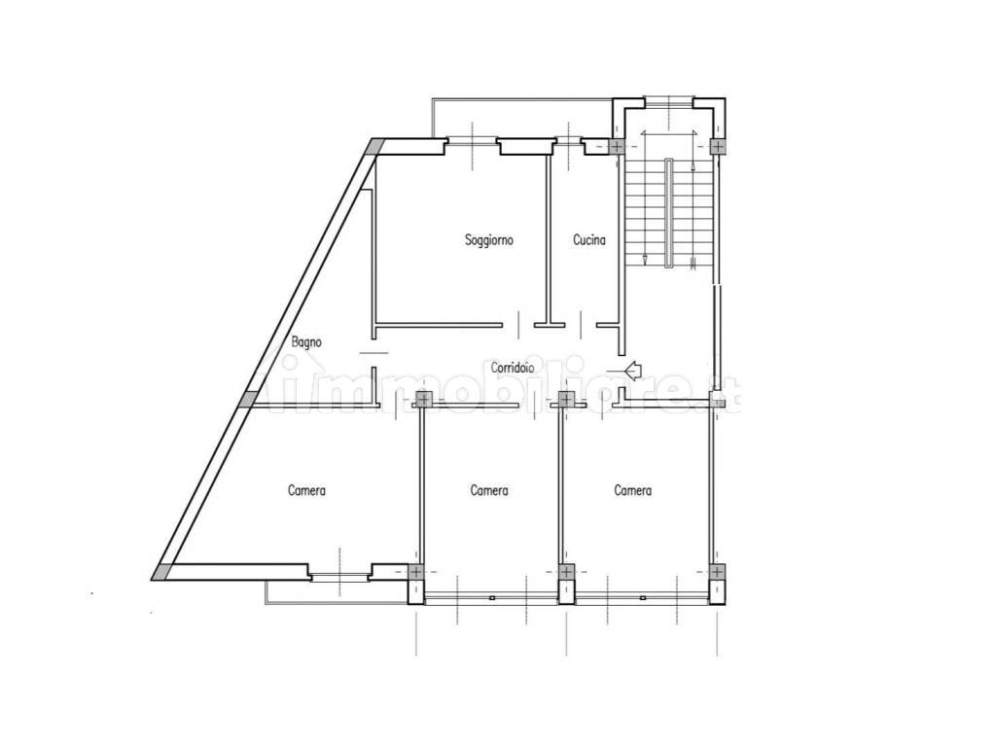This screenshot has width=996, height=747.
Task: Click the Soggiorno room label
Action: point(488,240)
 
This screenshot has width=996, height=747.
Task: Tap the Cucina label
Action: point(588,239)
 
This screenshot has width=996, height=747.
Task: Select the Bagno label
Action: point(306,341)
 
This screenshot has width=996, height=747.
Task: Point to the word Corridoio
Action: point(512,367)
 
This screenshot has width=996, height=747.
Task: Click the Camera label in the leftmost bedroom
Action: point(306,490)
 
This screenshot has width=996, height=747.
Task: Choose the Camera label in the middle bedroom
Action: point(489,490)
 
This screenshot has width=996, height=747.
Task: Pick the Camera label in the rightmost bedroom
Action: point(632,490)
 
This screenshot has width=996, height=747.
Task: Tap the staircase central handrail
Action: point(669,213)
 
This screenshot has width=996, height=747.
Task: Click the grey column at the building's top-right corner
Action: point(717,147)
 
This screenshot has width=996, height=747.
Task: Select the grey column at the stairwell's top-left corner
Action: point(616,147)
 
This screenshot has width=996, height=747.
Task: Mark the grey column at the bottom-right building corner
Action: point(717,572)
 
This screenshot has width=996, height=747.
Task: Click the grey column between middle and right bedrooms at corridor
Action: point(566,400)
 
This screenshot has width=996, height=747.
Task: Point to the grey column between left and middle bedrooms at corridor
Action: point(422,400)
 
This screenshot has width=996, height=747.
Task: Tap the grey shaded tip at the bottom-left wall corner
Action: point(161,573)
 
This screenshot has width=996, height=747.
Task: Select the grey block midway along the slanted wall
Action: point(249,400)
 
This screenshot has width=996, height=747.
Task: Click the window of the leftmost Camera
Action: point(339,577)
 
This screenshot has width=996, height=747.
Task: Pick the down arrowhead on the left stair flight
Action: point(646,259)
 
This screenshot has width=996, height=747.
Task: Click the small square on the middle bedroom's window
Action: point(491,598)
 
